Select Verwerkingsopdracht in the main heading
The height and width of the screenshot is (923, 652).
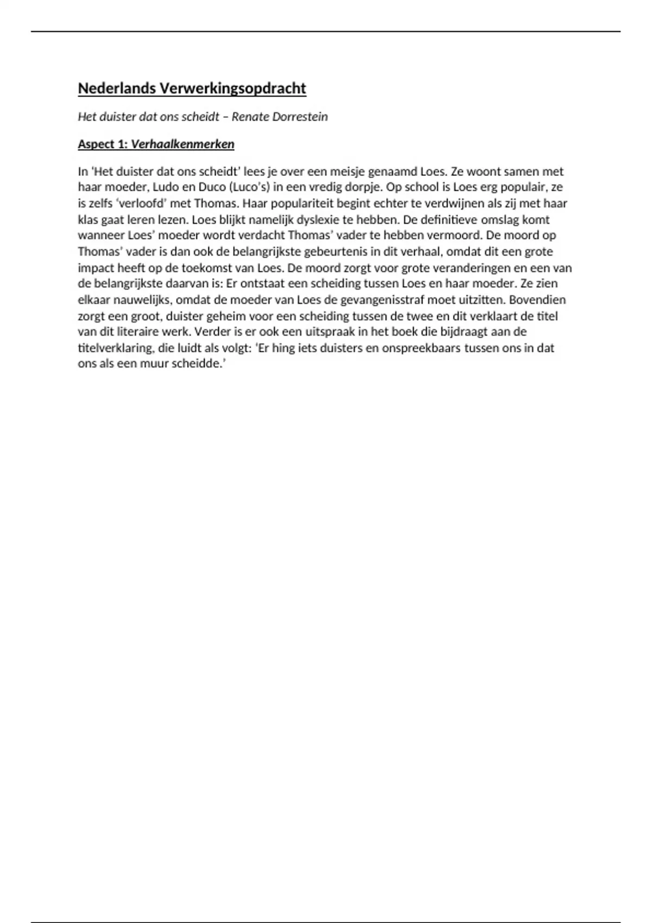(x=233, y=88)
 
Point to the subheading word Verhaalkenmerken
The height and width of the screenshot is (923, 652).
(x=183, y=144)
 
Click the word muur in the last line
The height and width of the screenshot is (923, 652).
(x=155, y=364)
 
